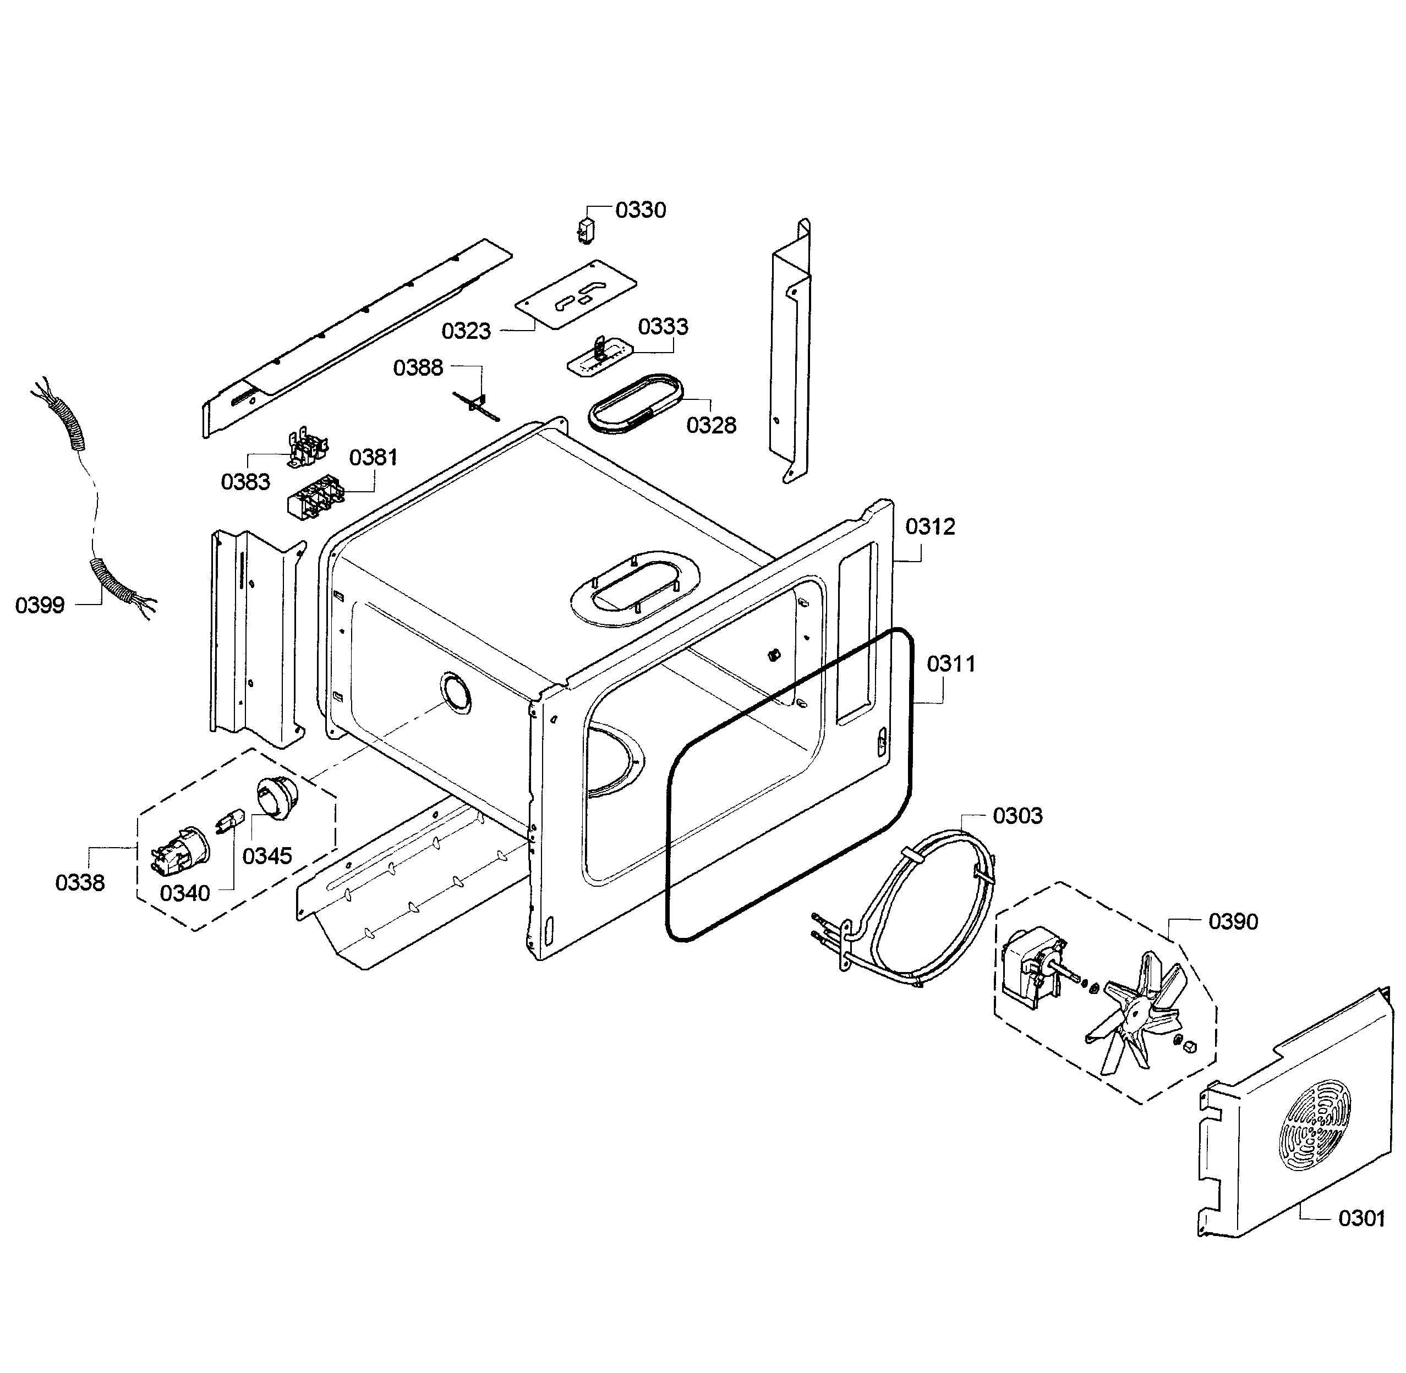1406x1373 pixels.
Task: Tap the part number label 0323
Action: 466,331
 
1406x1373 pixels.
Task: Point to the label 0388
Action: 418,368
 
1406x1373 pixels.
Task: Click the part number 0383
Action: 245,482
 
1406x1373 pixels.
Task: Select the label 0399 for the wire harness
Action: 40,605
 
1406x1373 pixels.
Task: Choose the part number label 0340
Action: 185,893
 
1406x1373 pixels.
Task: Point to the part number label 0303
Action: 1017,816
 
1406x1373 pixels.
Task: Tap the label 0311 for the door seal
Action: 951,663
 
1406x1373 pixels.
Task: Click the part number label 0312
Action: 930,526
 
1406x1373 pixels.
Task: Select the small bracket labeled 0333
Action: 599,357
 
